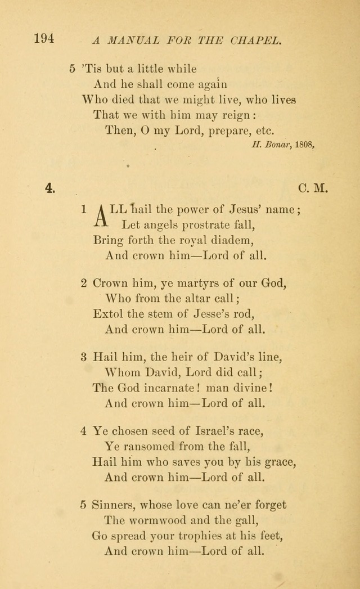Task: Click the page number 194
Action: [x=43, y=39]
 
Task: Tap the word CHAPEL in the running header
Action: [x=260, y=40]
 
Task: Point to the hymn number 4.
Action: [x=50, y=188]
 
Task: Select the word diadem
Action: [x=231, y=240]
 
